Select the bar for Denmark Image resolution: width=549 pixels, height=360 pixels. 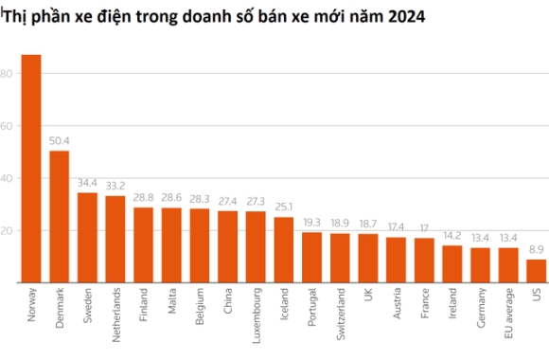pyautogui.click(x=59, y=217)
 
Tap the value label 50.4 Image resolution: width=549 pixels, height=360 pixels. pyautogui.click(x=59, y=142)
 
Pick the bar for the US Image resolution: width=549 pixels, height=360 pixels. pyautogui.click(x=536, y=271)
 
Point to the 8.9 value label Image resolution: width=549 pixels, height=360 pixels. pyautogui.click(x=536, y=250)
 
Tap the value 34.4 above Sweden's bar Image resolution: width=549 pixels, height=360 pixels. pyautogui.click(x=87, y=184)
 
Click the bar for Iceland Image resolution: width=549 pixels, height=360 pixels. pyautogui.click(x=284, y=250)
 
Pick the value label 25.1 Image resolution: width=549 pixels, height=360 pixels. pyautogui.click(x=284, y=208)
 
